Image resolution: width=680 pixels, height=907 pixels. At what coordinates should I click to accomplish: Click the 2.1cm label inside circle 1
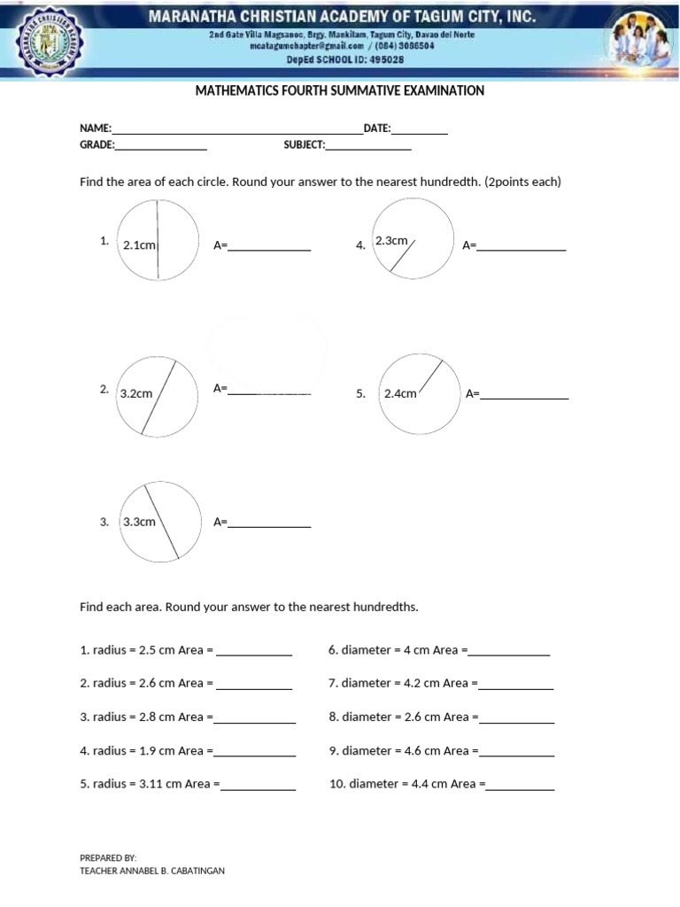coord(139,245)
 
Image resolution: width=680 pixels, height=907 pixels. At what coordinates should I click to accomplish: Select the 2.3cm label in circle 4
coord(391,241)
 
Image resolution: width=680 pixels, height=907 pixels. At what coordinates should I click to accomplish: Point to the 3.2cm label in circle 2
coord(136,393)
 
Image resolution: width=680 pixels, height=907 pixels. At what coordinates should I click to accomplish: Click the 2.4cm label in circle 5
coord(400,393)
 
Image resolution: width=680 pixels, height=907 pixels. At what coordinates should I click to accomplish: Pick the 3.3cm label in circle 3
coord(139,522)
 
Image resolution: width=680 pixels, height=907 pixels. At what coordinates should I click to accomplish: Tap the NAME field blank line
coord(236,132)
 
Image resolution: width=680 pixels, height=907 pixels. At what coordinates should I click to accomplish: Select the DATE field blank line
coord(420,132)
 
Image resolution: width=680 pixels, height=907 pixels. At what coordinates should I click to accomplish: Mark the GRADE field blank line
coord(161,149)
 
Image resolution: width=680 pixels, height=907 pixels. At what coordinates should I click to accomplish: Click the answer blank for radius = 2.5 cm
coord(254,655)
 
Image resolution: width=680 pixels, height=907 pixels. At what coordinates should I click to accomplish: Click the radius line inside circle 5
coord(429,376)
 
